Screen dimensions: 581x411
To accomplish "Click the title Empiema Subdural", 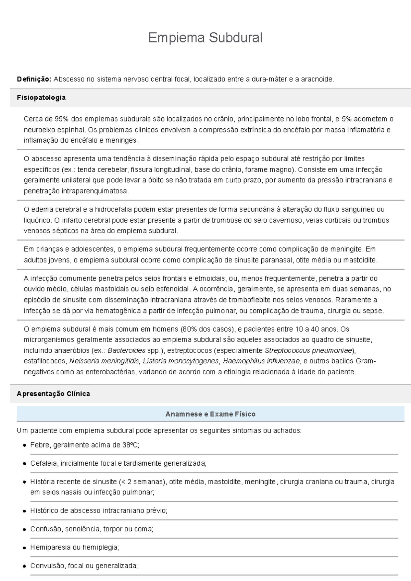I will [x=205, y=38].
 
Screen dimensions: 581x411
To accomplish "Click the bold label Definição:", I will [x=34, y=79].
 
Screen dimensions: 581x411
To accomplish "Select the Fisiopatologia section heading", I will [x=41, y=98].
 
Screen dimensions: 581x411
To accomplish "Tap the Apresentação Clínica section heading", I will [x=53, y=394].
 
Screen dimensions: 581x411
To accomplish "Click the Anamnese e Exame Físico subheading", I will [x=210, y=414].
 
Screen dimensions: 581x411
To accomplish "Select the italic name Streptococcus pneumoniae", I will [x=308, y=351].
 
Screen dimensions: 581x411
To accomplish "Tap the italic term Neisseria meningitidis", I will [x=104, y=361].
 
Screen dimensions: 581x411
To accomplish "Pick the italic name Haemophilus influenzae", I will [x=261, y=361].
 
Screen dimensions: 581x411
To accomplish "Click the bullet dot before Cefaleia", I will [x=24, y=464].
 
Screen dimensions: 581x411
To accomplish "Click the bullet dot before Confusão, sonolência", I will [x=24, y=529].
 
